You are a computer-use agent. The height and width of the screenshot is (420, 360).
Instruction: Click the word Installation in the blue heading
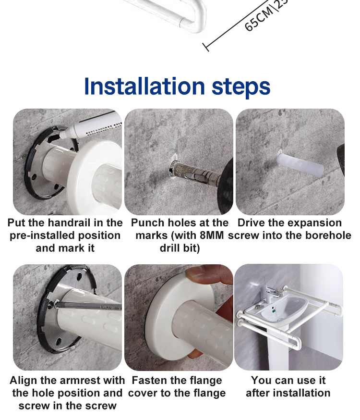pos(144,86)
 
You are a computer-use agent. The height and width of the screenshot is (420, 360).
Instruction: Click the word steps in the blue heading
pos(241,87)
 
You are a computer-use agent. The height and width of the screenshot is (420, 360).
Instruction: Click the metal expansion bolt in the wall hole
pos(195,172)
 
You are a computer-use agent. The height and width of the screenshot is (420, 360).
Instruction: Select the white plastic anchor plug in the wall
pos(300,165)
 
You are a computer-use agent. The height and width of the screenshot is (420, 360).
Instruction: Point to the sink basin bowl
pos(284,309)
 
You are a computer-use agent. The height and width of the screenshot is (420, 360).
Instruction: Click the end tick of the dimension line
pos(205,47)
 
